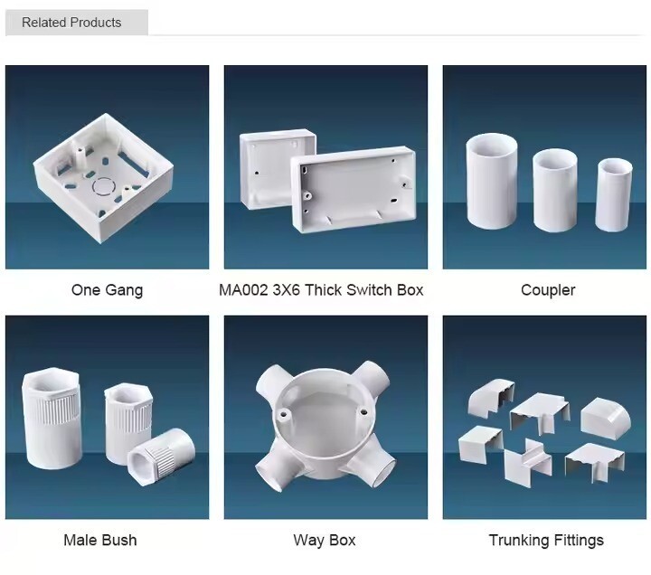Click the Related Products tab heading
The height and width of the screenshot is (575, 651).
[71, 23]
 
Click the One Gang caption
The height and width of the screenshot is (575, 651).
[107, 290]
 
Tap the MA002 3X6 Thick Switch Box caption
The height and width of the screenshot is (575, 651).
[321, 290]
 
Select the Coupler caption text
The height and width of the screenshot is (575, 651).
[548, 290]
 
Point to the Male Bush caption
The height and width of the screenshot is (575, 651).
[100, 540]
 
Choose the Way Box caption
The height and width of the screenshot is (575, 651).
[325, 540]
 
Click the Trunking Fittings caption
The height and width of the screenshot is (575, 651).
[546, 540]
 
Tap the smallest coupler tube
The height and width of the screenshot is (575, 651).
[614, 193]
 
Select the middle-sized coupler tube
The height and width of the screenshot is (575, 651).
[554, 189]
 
